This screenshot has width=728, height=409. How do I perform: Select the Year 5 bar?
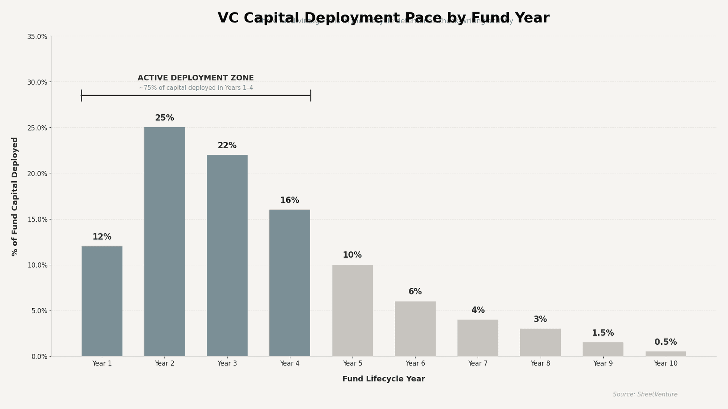(352, 311)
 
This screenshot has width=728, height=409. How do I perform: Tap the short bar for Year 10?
(665, 354)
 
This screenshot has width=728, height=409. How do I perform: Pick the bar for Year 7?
(477, 338)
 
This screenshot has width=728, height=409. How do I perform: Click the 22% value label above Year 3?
(227, 146)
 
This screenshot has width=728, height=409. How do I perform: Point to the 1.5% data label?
(602, 333)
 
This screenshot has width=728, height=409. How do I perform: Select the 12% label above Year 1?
(102, 237)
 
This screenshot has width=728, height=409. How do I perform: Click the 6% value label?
(415, 292)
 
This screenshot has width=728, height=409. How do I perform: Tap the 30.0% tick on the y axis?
(37, 82)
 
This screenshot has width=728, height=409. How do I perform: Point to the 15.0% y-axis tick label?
(37, 220)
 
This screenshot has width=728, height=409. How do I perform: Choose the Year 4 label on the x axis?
(290, 364)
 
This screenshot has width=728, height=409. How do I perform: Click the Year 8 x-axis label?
(540, 364)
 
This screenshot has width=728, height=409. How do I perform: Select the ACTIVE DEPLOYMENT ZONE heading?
(196, 78)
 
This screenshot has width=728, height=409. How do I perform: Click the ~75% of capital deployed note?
(196, 88)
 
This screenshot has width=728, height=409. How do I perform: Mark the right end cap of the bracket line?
(311, 95)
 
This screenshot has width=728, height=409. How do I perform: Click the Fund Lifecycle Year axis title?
(383, 379)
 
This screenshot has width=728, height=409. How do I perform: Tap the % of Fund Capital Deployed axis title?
(15, 197)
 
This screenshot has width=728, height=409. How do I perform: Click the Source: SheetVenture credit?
(645, 395)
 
